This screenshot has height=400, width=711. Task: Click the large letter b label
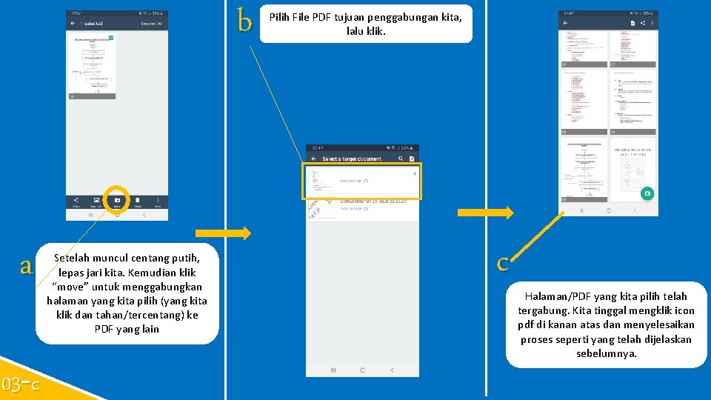[244, 21]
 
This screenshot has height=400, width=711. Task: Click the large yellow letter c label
[503, 262]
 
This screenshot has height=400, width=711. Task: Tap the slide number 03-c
[21, 384]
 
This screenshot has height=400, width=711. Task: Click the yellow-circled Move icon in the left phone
[117, 200]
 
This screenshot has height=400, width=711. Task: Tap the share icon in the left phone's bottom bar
[76, 201]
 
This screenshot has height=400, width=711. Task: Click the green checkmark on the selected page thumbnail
[110, 37]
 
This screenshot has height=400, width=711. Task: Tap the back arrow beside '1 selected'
[73, 24]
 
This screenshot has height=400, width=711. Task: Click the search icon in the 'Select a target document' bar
[401, 159]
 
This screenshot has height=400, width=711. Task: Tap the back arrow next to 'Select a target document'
[314, 159]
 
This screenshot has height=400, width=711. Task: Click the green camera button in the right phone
[647, 193]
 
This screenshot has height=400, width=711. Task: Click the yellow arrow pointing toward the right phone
[485, 213]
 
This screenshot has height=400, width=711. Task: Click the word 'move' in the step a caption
[72, 286]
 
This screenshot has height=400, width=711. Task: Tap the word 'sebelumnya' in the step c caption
[606, 353]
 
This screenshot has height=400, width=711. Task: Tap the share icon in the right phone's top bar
[642, 23]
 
